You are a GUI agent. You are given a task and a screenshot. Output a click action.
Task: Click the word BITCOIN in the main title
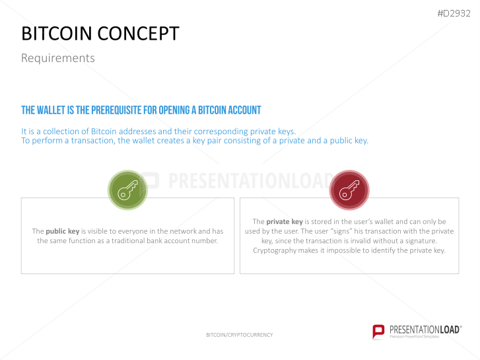pos(57,34)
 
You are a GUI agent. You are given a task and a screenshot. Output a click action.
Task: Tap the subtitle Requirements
pos(57,58)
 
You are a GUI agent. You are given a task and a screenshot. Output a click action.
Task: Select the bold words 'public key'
pos(62,231)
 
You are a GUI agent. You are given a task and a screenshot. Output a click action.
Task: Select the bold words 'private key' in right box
pos(285,222)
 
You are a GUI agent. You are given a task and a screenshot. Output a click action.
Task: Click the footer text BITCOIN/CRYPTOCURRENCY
pos(239,335)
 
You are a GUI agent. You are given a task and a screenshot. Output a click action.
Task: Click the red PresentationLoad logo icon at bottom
pos(378,332)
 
